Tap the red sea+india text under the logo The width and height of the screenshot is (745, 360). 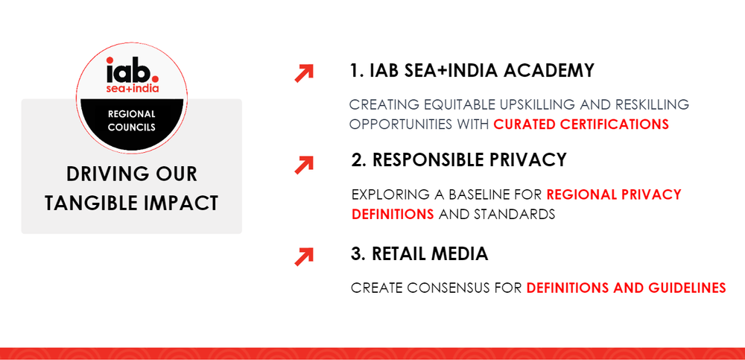pyautogui.click(x=132, y=89)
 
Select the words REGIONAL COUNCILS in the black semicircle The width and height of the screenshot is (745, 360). pyautogui.click(x=132, y=121)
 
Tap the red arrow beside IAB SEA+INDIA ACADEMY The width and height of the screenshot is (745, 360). pyautogui.click(x=304, y=73)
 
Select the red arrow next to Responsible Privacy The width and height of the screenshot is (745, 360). pyautogui.click(x=304, y=165)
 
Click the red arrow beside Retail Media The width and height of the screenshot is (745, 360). pyautogui.click(x=304, y=257)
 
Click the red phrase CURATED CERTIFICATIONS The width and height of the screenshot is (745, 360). pyautogui.click(x=581, y=124)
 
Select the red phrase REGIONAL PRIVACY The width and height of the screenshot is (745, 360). pyautogui.click(x=614, y=195)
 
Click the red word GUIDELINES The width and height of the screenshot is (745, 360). pyautogui.click(x=687, y=288)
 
